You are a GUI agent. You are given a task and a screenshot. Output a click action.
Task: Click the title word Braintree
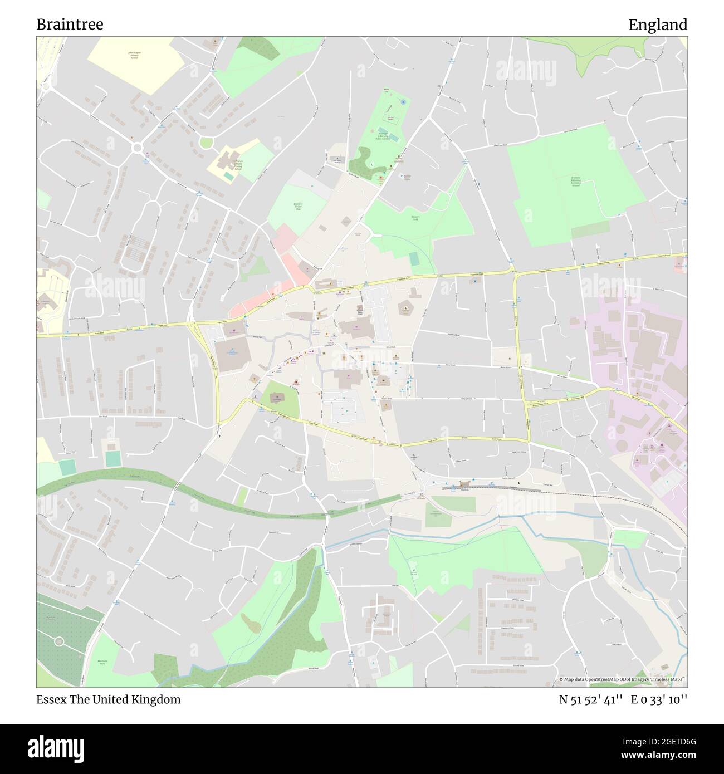point(70,25)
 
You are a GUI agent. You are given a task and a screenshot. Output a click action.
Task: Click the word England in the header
point(658,25)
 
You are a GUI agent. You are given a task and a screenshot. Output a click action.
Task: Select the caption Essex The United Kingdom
point(109,699)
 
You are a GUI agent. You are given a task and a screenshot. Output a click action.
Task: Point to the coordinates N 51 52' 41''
point(591,699)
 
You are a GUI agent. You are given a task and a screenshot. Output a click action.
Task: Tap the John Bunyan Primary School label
point(134,56)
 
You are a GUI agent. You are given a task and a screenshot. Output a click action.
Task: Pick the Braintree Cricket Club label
point(297,207)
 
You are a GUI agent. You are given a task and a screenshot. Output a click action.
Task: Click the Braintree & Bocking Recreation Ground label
point(575,182)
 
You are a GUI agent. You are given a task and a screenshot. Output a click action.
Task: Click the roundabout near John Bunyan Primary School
point(136,148)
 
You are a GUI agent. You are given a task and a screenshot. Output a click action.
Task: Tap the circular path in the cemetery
point(57,641)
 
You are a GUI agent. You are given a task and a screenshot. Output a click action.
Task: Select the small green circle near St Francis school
point(206,143)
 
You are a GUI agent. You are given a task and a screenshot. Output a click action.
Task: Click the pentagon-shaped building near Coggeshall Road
point(405,307)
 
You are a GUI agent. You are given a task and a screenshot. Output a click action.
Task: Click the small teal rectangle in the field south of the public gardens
point(414,259)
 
